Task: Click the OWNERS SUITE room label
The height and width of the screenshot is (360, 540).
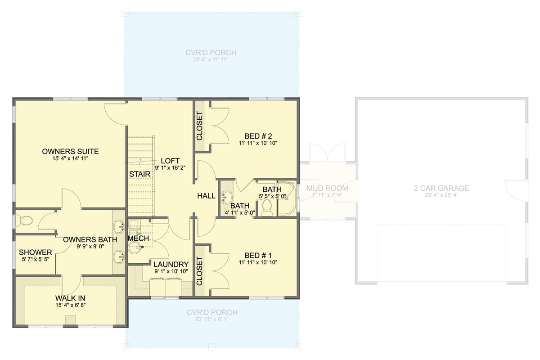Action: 70,152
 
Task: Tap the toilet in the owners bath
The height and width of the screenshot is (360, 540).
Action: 25,220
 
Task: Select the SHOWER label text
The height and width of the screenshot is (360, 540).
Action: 35,252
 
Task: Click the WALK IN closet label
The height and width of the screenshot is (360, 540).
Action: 70,298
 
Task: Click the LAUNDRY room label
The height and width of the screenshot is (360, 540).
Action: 171,264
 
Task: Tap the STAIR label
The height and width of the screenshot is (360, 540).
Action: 137,174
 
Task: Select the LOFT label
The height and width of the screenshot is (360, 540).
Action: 170,161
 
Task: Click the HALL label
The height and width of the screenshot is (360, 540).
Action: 207,196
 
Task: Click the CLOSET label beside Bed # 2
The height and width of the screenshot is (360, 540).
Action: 200,126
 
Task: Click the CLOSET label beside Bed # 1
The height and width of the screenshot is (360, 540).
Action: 200,271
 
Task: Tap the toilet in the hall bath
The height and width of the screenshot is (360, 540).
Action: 267,208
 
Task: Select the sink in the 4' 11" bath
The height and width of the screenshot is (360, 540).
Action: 227,197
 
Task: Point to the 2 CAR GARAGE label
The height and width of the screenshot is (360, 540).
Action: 441,188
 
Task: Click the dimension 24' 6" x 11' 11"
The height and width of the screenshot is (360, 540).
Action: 211,60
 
